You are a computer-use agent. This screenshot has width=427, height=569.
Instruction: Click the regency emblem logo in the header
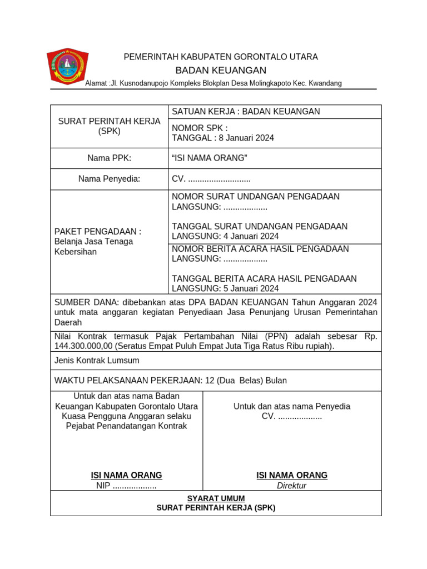67,67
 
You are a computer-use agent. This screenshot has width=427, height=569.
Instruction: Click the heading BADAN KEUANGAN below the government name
221,71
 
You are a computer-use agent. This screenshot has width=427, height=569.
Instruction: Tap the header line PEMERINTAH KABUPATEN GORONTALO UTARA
221,57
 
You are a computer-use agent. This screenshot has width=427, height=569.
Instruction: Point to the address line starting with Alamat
213,83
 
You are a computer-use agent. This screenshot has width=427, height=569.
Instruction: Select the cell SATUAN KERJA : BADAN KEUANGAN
246,112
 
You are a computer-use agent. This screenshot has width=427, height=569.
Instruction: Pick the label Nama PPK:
109,158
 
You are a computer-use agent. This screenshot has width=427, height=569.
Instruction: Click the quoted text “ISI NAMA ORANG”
210,158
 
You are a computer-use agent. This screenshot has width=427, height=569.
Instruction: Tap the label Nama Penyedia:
109,179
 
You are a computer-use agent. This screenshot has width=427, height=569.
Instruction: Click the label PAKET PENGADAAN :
97,231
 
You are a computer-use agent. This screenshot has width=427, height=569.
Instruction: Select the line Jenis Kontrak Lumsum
97,361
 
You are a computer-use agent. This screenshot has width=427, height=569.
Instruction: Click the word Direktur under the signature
291,486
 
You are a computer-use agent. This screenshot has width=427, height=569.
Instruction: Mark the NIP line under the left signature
126,486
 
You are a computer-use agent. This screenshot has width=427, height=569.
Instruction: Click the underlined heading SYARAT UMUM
216,498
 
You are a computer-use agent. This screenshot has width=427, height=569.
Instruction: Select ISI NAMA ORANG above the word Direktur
291,475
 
